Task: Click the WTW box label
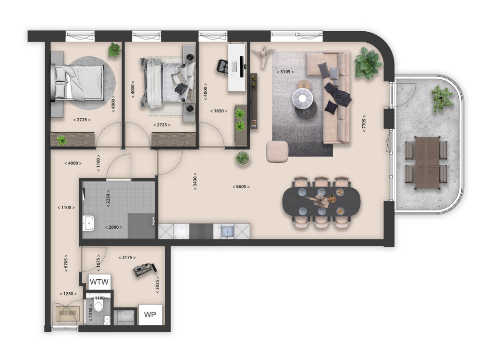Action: pos(99,282)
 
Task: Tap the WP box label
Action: pos(150,315)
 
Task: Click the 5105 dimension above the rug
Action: pos(285,72)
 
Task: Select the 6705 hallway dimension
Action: pos(65,263)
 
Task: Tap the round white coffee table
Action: pos(302,99)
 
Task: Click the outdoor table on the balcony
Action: pos(427,162)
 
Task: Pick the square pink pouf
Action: pos(277,150)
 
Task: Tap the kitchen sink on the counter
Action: pos(226,231)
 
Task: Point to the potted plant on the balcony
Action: pos(442,99)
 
